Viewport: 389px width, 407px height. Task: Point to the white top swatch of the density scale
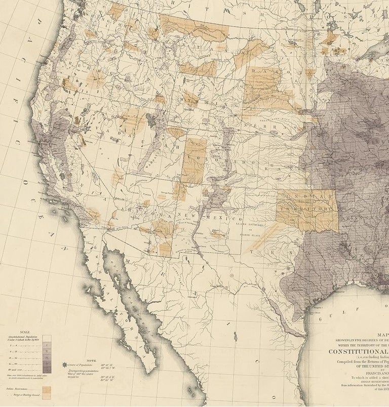[47, 337]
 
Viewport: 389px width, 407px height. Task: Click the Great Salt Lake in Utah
[151, 120]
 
